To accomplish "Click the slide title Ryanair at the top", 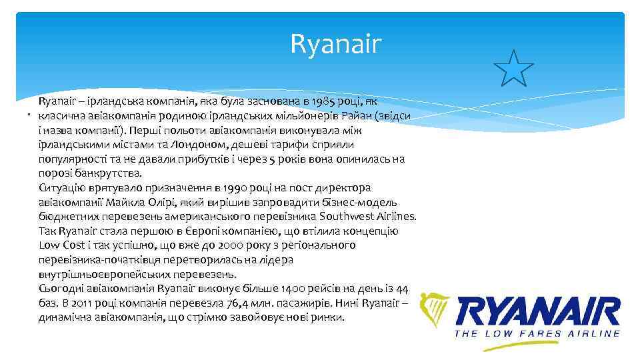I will [336, 45].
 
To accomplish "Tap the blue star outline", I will [513, 68].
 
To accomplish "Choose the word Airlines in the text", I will [394, 217].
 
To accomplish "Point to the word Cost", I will [73, 245].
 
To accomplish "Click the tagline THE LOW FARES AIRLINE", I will [537, 333].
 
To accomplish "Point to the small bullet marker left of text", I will [29, 116].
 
